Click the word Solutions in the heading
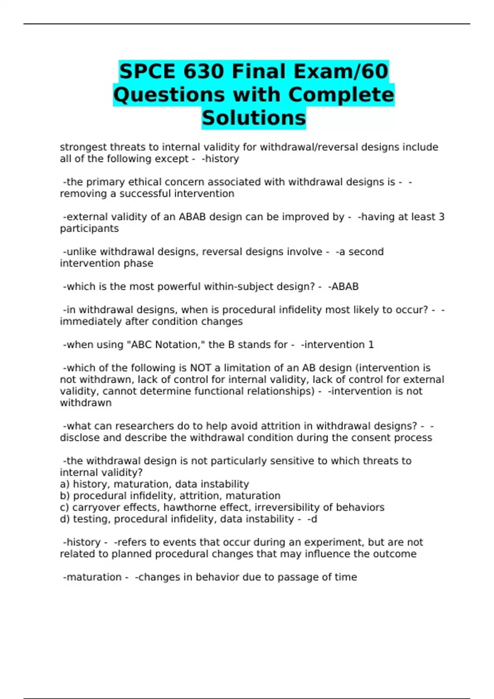254,118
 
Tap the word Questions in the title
169,95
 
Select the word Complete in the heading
341,95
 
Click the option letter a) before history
65,484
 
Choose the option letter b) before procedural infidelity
65,496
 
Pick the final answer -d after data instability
312,519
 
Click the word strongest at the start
84,147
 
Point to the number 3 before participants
441,217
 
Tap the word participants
89,229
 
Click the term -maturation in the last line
92,577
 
